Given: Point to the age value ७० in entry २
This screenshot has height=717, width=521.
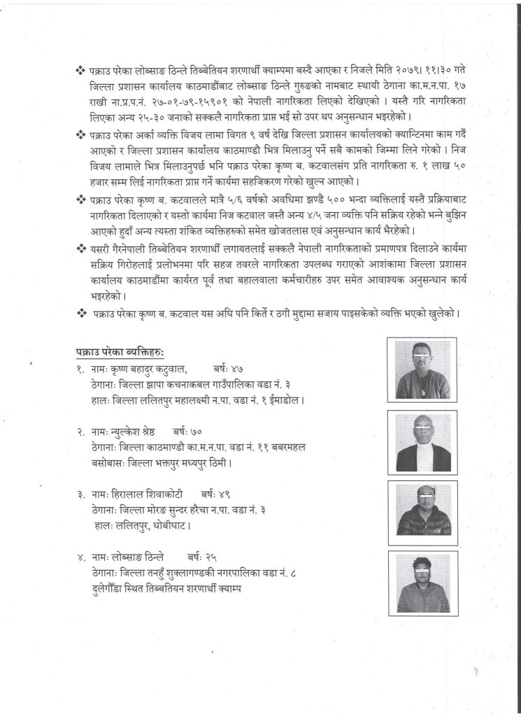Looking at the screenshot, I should tap(201, 431).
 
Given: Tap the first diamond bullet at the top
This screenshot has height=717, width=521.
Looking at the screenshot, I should tap(79, 73).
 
